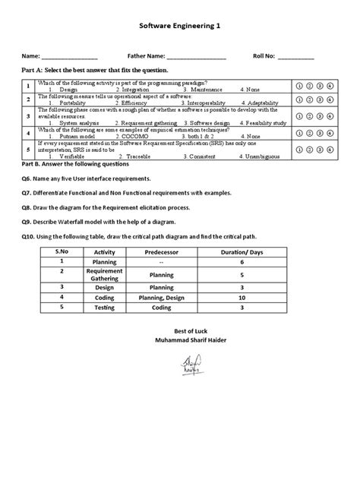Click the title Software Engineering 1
click(180, 25)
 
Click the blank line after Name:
click(69, 57)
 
